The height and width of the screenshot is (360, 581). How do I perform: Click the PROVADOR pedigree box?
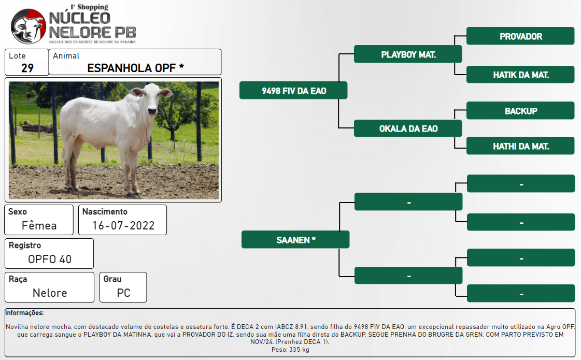520,36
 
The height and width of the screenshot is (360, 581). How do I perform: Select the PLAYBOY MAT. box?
408,54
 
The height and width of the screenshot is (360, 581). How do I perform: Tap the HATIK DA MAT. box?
520,75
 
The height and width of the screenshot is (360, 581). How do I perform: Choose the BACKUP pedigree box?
520,110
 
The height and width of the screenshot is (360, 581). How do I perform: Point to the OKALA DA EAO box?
408,128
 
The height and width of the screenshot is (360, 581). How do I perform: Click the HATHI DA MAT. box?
520,146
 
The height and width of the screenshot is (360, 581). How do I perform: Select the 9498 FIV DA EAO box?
293,90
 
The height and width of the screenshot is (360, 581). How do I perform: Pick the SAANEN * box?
295,239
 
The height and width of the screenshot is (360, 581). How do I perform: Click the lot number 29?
27,68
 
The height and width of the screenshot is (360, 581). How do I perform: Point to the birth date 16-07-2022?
123,225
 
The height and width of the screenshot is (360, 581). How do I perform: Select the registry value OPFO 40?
50,260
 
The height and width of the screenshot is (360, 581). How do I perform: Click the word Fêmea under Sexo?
39,225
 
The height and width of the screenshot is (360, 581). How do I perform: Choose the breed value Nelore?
50,293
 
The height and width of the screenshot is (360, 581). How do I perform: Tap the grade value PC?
123,293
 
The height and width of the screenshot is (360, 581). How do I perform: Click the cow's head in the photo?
151,98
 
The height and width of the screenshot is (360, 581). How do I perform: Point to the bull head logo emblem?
28,26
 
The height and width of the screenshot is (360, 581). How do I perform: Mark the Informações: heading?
24,313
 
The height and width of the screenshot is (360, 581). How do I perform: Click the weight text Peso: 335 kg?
290,350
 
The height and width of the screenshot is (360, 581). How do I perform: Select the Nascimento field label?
105,211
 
